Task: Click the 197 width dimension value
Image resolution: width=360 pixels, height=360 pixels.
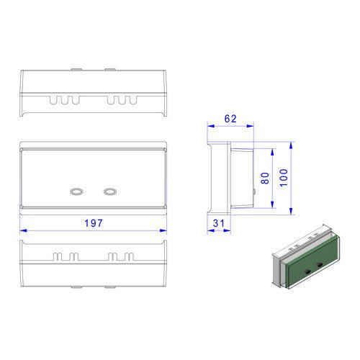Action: pyautogui.click(x=94, y=223)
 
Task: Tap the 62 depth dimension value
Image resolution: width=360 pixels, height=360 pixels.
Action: pyautogui.click(x=230, y=119)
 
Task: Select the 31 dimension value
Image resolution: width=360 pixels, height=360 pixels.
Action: pyautogui.click(x=219, y=223)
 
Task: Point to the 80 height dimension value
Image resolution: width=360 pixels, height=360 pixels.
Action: pyautogui.click(x=265, y=178)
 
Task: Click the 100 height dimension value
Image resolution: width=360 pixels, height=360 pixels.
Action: pyautogui.click(x=284, y=178)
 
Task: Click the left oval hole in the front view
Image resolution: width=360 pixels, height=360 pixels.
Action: pyautogui.click(x=76, y=192)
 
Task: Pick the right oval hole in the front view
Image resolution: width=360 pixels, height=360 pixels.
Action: pyautogui.click(x=110, y=192)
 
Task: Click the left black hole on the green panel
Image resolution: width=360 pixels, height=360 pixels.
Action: pyautogui.click(x=307, y=271)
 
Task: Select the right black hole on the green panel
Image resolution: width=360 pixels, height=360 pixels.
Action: pyautogui.click(x=320, y=265)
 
